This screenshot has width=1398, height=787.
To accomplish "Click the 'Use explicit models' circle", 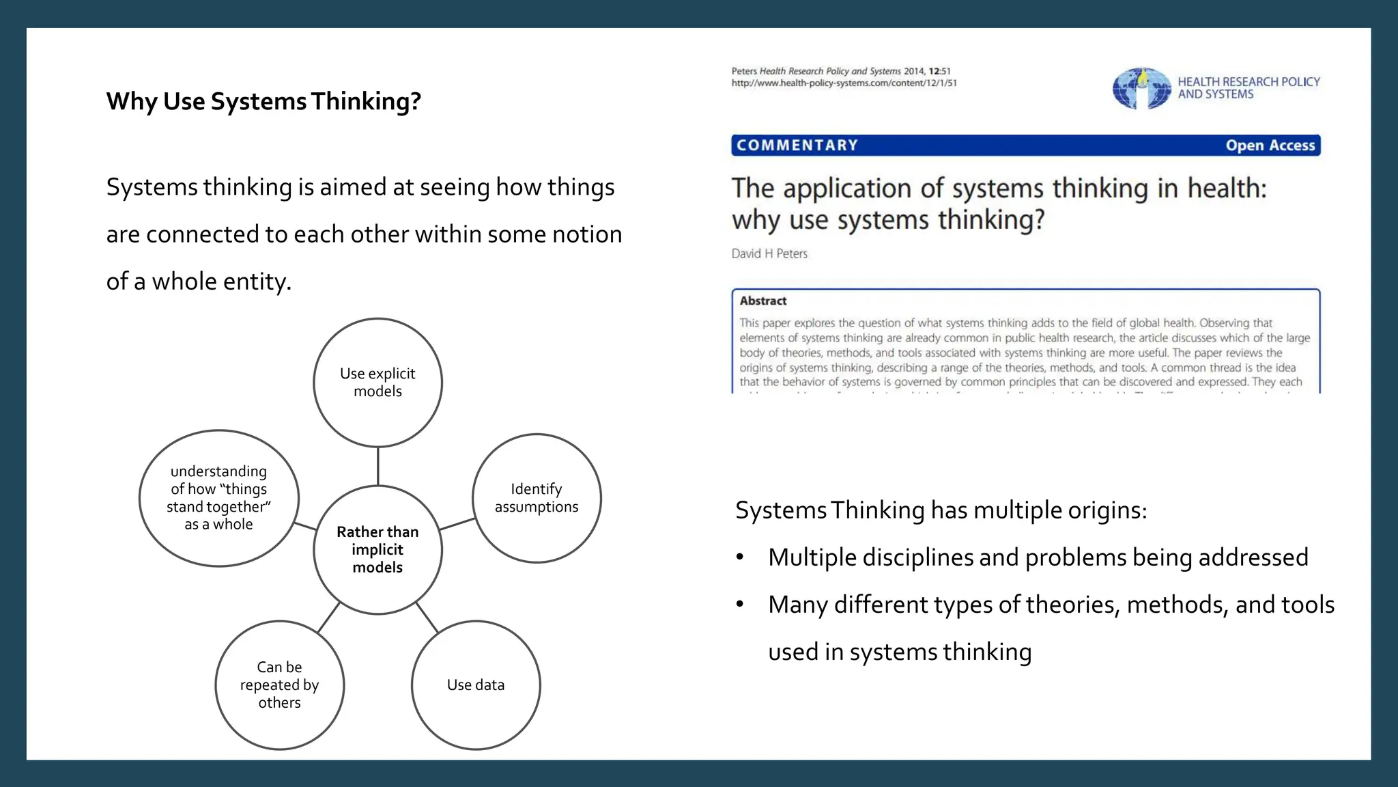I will pyautogui.click(x=377, y=383).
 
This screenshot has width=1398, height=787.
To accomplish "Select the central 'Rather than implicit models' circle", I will pyautogui.click(x=377, y=550).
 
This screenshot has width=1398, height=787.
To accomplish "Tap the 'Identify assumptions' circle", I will pyautogui.click(x=537, y=498).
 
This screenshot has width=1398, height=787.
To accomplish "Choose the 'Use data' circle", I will pyautogui.click(x=476, y=685).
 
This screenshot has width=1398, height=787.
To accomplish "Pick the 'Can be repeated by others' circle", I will pyautogui.click(x=279, y=685).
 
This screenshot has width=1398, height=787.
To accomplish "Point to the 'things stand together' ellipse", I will pyautogui.click(x=218, y=498).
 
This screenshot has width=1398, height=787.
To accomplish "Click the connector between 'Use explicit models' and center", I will pyautogui.click(x=377, y=466).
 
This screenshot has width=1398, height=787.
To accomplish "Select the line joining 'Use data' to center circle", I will pyautogui.click(x=427, y=618).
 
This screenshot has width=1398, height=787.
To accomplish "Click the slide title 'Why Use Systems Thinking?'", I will pyautogui.click(x=263, y=101).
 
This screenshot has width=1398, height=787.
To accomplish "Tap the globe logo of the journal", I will pyautogui.click(x=1141, y=89).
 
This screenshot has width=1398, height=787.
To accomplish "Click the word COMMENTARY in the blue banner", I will pyautogui.click(x=797, y=146).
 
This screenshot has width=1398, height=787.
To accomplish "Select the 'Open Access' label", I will pyautogui.click(x=1270, y=146).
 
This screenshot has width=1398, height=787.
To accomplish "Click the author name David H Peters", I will pyautogui.click(x=769, y=253).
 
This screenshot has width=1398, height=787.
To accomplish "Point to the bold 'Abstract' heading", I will pyautogui.click(x=763, y=301).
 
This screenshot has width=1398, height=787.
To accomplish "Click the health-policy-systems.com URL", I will pyautogui.click(x=844, y=83).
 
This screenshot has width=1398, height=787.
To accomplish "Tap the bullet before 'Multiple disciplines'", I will pyautogui.click(x=740, y=557).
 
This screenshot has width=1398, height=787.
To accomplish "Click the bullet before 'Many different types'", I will pyautogui.click(x=740, y=605).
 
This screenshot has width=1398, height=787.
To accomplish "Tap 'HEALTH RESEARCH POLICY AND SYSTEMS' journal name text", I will pyautogui.click(x=1248, y=88).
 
